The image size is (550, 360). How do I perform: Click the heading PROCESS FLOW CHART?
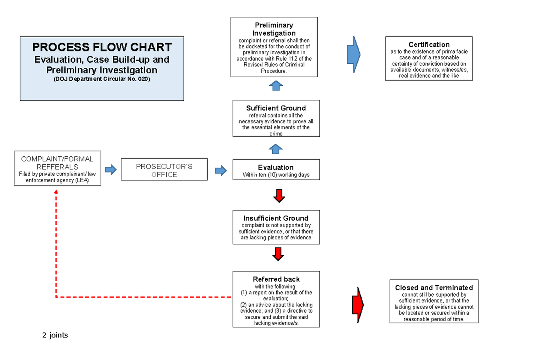coord(102,47)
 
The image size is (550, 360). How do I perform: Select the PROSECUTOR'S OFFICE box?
coord(164,170)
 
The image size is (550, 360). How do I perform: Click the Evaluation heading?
coord(275,167)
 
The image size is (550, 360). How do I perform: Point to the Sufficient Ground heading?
coord(276,108)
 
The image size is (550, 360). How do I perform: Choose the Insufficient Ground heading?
coord(276,218)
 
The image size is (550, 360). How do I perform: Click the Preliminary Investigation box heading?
coord(274,29)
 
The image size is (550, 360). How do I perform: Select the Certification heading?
coord(429,44)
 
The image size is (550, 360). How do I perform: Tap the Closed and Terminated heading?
coord(434,288)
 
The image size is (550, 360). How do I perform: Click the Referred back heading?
coord(276,279)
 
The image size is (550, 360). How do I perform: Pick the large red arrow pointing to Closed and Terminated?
coord(357,304)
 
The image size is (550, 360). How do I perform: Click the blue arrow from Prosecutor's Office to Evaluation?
coord(221,171)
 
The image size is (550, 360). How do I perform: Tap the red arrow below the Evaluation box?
coord(279,196)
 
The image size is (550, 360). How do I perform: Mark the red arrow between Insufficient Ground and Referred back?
coord(277,254)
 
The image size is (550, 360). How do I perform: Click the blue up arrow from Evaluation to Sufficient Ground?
coord(275,149)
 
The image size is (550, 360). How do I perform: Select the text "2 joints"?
coord(55,335)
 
